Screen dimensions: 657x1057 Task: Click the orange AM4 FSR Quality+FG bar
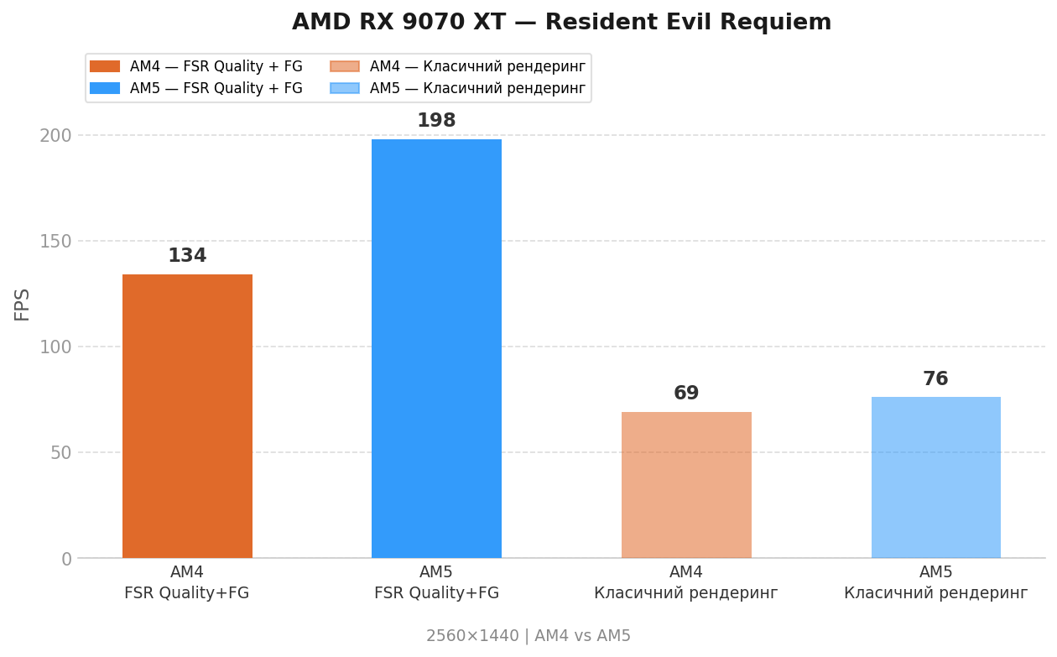pos(187,415)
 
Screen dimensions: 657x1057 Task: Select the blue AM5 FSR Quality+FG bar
pos(436,348)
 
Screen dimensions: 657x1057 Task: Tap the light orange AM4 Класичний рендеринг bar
pos(686,484)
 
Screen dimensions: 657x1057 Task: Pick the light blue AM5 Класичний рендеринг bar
pos(935,477)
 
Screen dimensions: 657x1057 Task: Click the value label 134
pos(187,256)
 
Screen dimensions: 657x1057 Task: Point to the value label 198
pos(436,121)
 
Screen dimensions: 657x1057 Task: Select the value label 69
pos(686,394)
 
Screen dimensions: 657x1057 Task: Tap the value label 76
pos(935,379)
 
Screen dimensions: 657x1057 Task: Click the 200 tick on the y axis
pos(55,135)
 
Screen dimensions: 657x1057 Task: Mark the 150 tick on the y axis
pos(55,241)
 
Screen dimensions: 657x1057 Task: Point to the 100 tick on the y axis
pos(55,347)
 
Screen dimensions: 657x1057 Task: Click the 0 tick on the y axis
pos(66,559)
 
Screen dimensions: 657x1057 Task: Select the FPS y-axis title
pos(23,304)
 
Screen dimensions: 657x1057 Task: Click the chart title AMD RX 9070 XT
pos(561,23)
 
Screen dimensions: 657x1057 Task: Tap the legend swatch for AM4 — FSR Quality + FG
pos(105,66)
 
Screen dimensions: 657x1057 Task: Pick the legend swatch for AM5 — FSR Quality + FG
pos(105,88)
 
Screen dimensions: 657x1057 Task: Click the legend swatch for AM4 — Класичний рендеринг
pos(345,66)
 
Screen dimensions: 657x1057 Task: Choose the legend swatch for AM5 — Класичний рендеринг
pos(345,88)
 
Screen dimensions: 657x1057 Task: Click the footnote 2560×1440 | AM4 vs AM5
pos(528,636)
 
